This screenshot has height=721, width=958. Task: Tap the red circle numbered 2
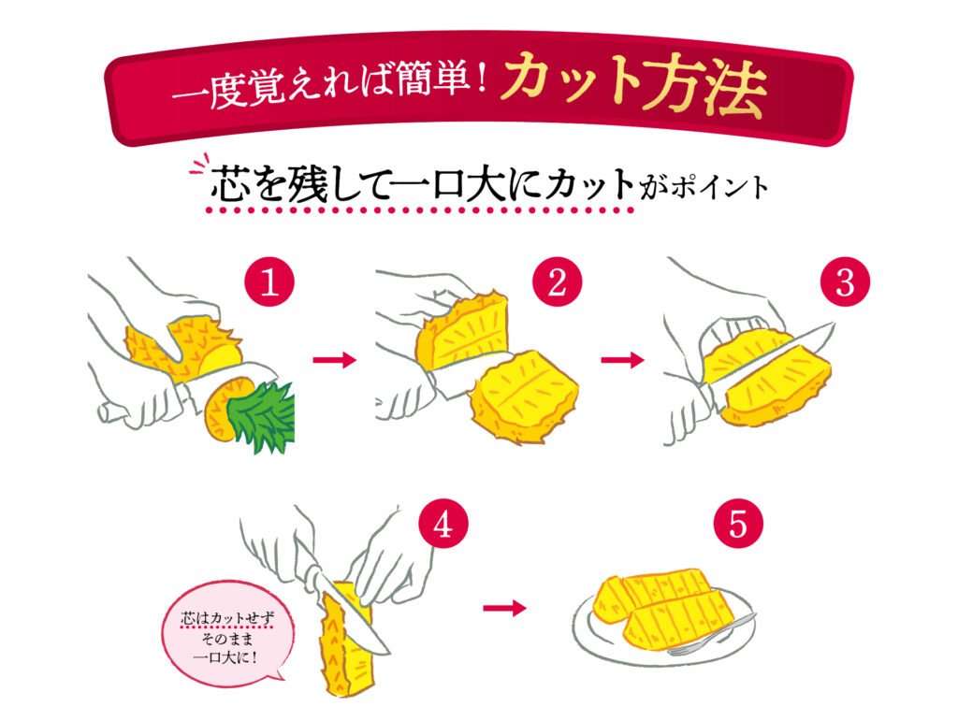558,283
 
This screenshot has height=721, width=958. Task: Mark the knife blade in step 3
781,354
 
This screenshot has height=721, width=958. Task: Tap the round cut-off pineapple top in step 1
225,409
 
